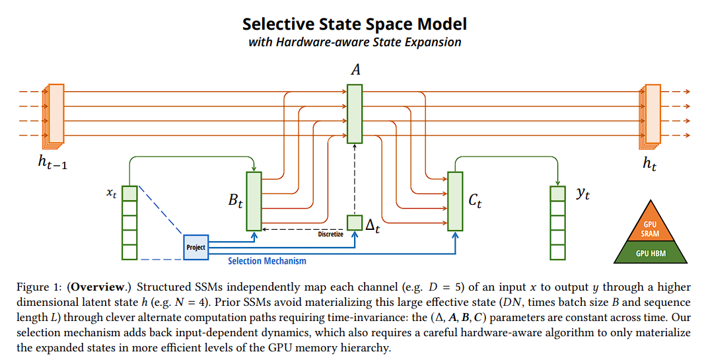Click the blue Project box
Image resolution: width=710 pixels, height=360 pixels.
(x=195, y=247)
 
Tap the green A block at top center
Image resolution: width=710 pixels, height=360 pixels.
(x=355, y=114)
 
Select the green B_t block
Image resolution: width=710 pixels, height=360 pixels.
(x=254, y=201)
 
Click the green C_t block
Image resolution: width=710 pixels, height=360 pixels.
(x=455, y=201)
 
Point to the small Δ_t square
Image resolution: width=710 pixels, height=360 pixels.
(x=355, y=223)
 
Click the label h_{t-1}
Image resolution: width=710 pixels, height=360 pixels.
(x=52, y=162)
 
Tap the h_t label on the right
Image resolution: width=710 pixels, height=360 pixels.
(x=650, y=163)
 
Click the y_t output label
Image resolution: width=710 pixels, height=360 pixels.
(x=583, y=194)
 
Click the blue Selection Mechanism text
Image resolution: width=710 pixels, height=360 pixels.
(x=267, y=261)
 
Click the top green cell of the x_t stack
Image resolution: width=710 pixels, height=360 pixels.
(x=129, y=194)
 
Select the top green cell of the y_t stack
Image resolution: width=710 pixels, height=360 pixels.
(x=558, y=194)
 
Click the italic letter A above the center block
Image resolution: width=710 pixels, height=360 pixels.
(x=355, y=70)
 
